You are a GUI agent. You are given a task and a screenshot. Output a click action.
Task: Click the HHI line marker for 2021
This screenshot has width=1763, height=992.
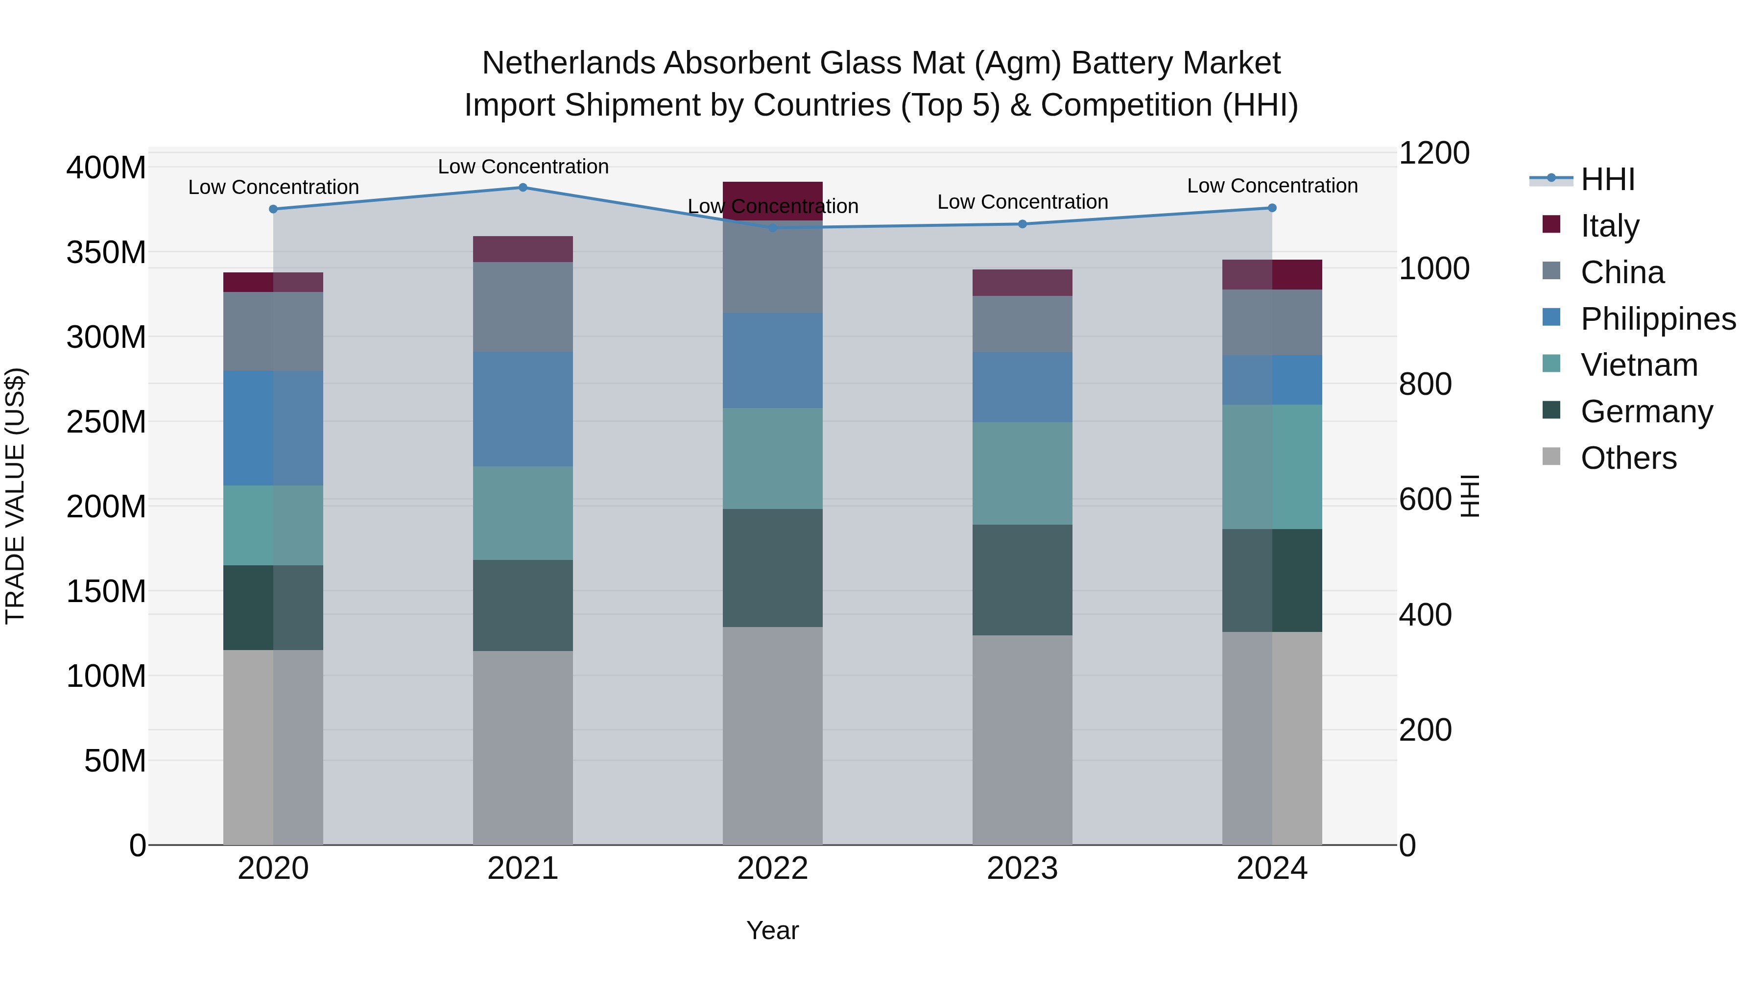[523, 187]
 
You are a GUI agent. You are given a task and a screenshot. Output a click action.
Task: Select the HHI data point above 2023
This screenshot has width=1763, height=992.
[1023, 224]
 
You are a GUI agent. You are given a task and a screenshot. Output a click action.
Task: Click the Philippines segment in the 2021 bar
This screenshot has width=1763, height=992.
[523, 410]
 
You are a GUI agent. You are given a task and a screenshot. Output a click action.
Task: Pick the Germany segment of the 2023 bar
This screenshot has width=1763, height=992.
[1023, 580]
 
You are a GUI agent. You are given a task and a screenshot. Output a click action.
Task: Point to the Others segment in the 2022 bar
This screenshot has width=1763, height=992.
[773, 736]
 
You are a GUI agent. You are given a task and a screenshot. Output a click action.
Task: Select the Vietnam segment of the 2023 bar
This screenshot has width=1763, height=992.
[1023, 473]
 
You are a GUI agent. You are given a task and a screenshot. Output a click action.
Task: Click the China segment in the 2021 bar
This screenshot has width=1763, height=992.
[523, 307]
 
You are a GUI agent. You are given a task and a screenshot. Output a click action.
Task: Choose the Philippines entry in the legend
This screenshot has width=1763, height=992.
[1658, 319]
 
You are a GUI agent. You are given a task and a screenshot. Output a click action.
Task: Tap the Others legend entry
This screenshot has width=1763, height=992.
[1628, 458]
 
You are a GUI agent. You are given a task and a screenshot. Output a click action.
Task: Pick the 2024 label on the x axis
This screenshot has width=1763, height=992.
[1272, 869]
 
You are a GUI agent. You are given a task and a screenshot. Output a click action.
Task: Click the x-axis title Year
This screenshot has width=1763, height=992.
[773, 930]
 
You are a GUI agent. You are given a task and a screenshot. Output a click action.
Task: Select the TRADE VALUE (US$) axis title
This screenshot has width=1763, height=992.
[15, 496]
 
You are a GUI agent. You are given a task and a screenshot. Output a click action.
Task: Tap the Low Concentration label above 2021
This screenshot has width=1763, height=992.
[523, 167]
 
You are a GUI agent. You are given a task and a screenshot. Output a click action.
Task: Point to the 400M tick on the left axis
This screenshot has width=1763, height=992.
[106, 168]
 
